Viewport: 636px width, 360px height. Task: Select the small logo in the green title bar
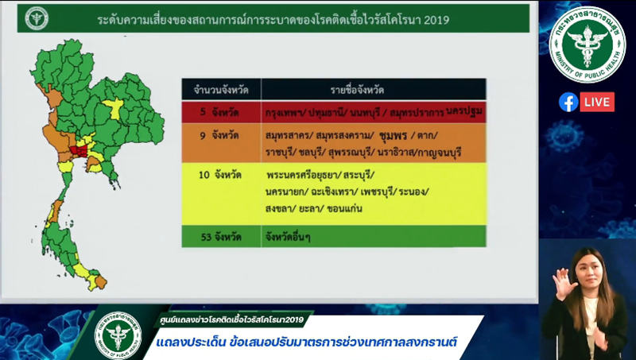tap(37, 17)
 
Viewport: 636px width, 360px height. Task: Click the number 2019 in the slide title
tap(434, 18)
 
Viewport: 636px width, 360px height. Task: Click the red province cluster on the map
tap(79, 149)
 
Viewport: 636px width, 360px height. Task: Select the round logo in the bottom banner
tap(118, 331)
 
